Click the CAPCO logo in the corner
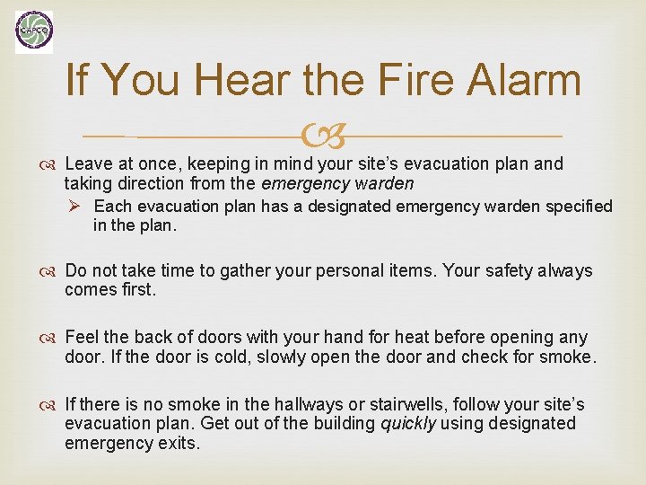(34, 32)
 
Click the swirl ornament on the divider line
(322, 137)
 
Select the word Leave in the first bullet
(89, 163)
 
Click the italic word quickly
(407, 423)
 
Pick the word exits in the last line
(175, 443)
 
